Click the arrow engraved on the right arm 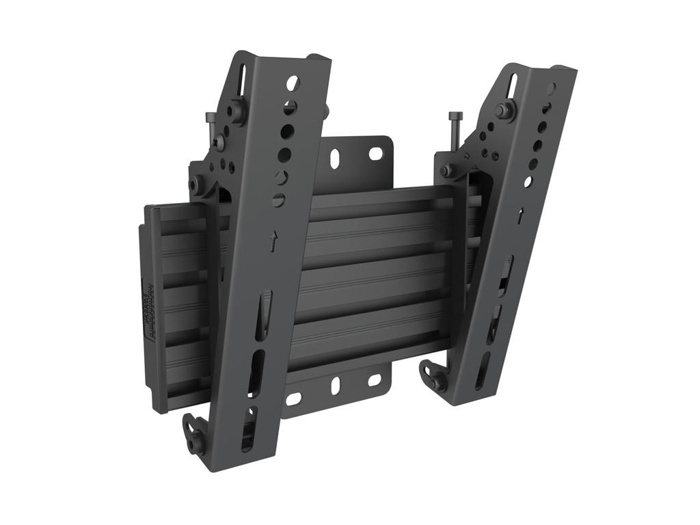(x=520, y=215)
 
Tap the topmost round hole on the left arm (x=293, y=83)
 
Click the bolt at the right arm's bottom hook (x=437, y=382)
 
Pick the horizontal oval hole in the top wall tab (x=375, y=154)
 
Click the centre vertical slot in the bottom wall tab (x=336, y=386)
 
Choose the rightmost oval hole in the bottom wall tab (x=375, y=379)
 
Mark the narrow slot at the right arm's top (x=512, y=86)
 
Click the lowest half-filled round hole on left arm (x=278, y=200)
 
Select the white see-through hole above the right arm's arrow (x=527, y=182)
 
